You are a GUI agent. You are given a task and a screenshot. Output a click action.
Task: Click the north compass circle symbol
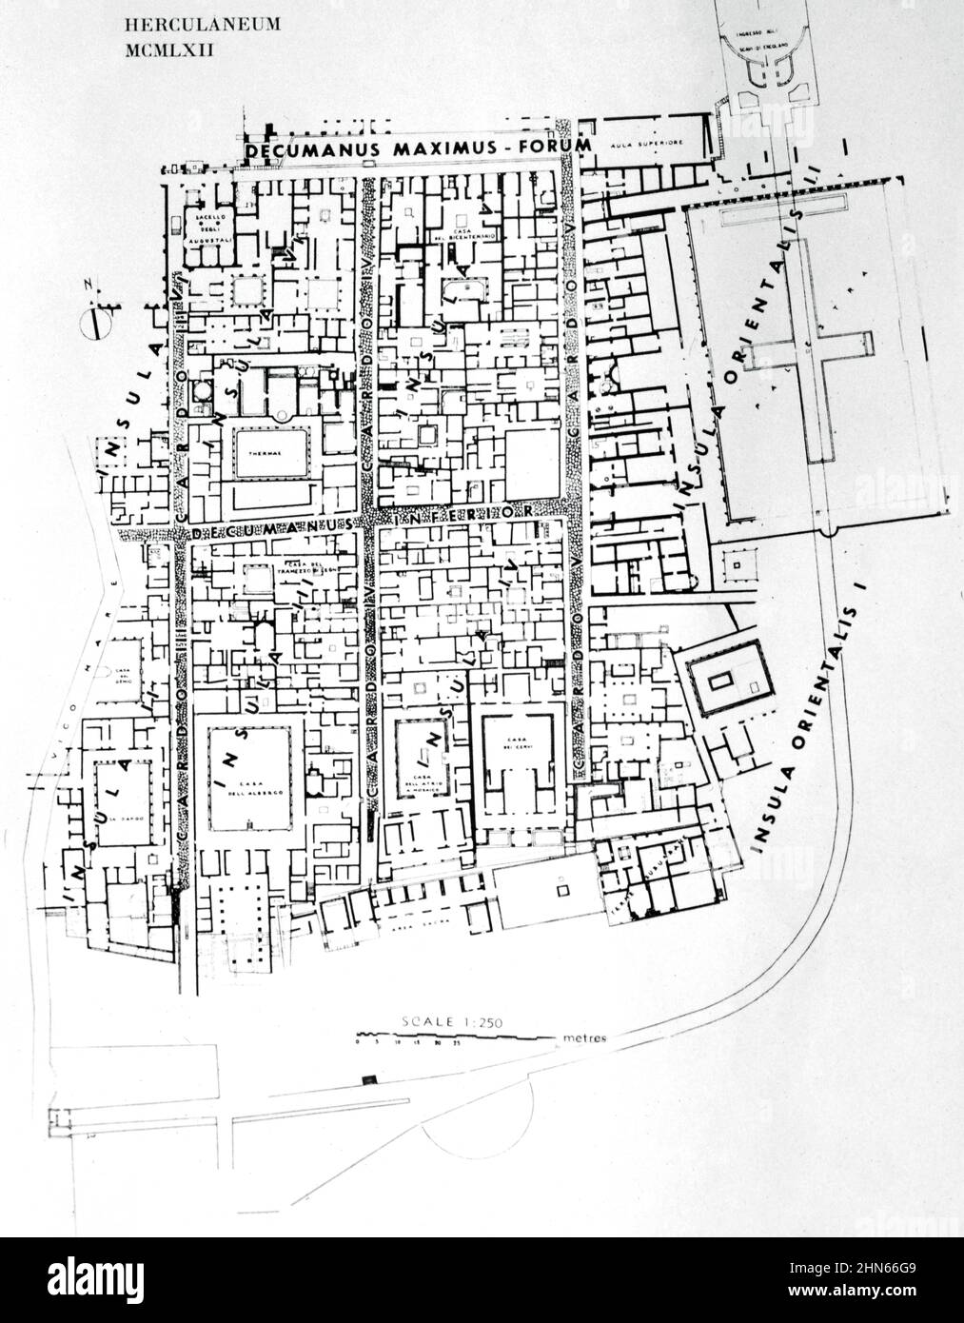(x=93, y=325)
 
